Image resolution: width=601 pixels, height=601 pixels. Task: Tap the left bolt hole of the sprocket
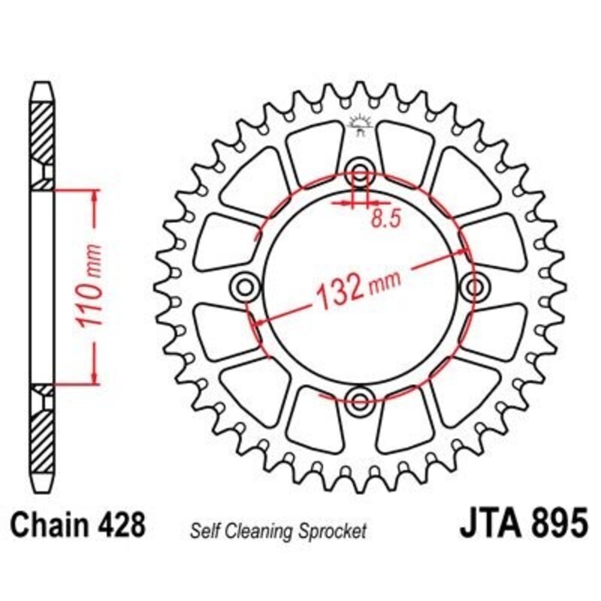[x=246, y=285]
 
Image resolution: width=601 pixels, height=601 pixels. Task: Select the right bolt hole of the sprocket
[x=475, y=285]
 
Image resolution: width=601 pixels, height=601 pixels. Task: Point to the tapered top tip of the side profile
[x=44, y=88]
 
